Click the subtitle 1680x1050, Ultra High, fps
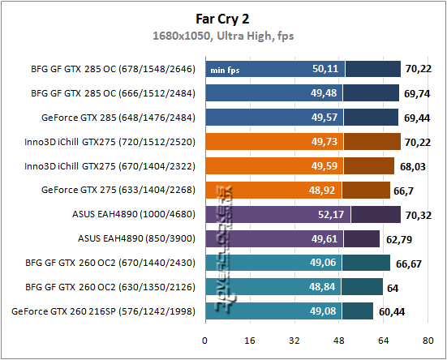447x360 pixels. coord(222,35)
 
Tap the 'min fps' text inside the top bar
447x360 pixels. coord(226,70)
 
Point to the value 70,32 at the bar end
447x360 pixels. coord(418,215)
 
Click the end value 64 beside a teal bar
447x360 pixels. coord(393,286)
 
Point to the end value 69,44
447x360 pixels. coord(415,118)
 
